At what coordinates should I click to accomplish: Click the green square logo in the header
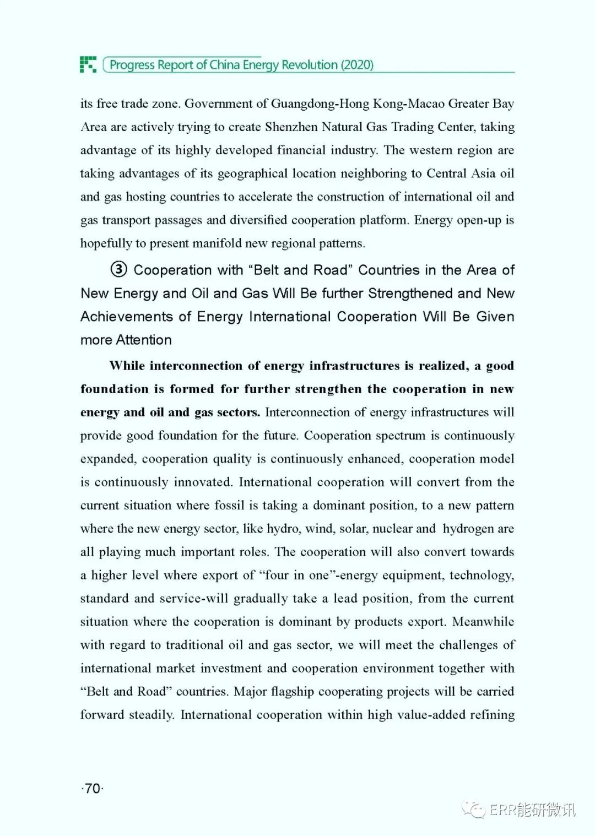pyautogui.click(x=88, y=64)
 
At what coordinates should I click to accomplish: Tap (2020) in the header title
pyautogui.click(x=357, y=65)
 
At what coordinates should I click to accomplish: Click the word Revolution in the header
pyautogui.click(x=310, y=65)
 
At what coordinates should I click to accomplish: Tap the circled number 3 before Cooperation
pyautogui.click(x=118, y=270)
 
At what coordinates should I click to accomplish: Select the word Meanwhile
pyautogui.click(x=483, y=622)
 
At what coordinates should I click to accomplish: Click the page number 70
pyautogui.click(x=93, y=789)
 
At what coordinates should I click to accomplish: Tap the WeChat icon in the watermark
pyautogui.click(x=473, y=809)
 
